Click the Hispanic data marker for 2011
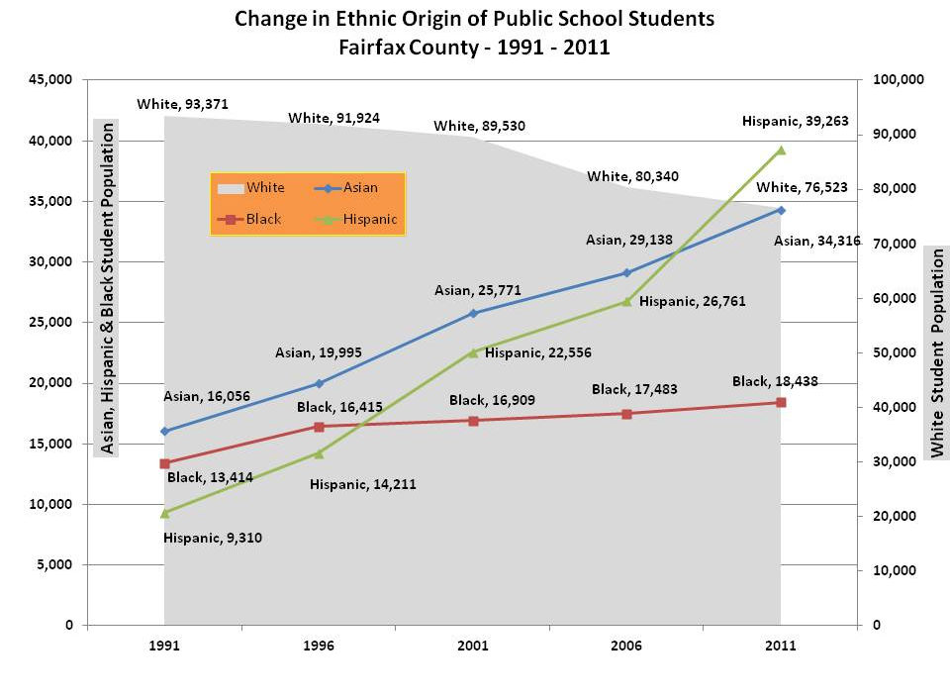click(x=781, y=150)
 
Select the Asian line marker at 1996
click(x=319, y=383)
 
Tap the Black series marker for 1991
click(x=164, y=463)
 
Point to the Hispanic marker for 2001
click(x=473, y=351)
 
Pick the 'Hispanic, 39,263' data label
click(x=795, y=121)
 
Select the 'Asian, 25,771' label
click(x=478, y=290)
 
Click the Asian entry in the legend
click(x=346, y=188)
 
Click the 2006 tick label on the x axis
click(x=626, y=646)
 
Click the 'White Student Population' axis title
click(x=935, y=352)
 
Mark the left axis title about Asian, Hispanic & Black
click(x=106, y=287)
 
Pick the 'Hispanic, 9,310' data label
click(x=213, y=539)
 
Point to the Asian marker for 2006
click(x=626, y=272)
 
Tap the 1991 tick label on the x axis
click(x=164, y=646)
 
